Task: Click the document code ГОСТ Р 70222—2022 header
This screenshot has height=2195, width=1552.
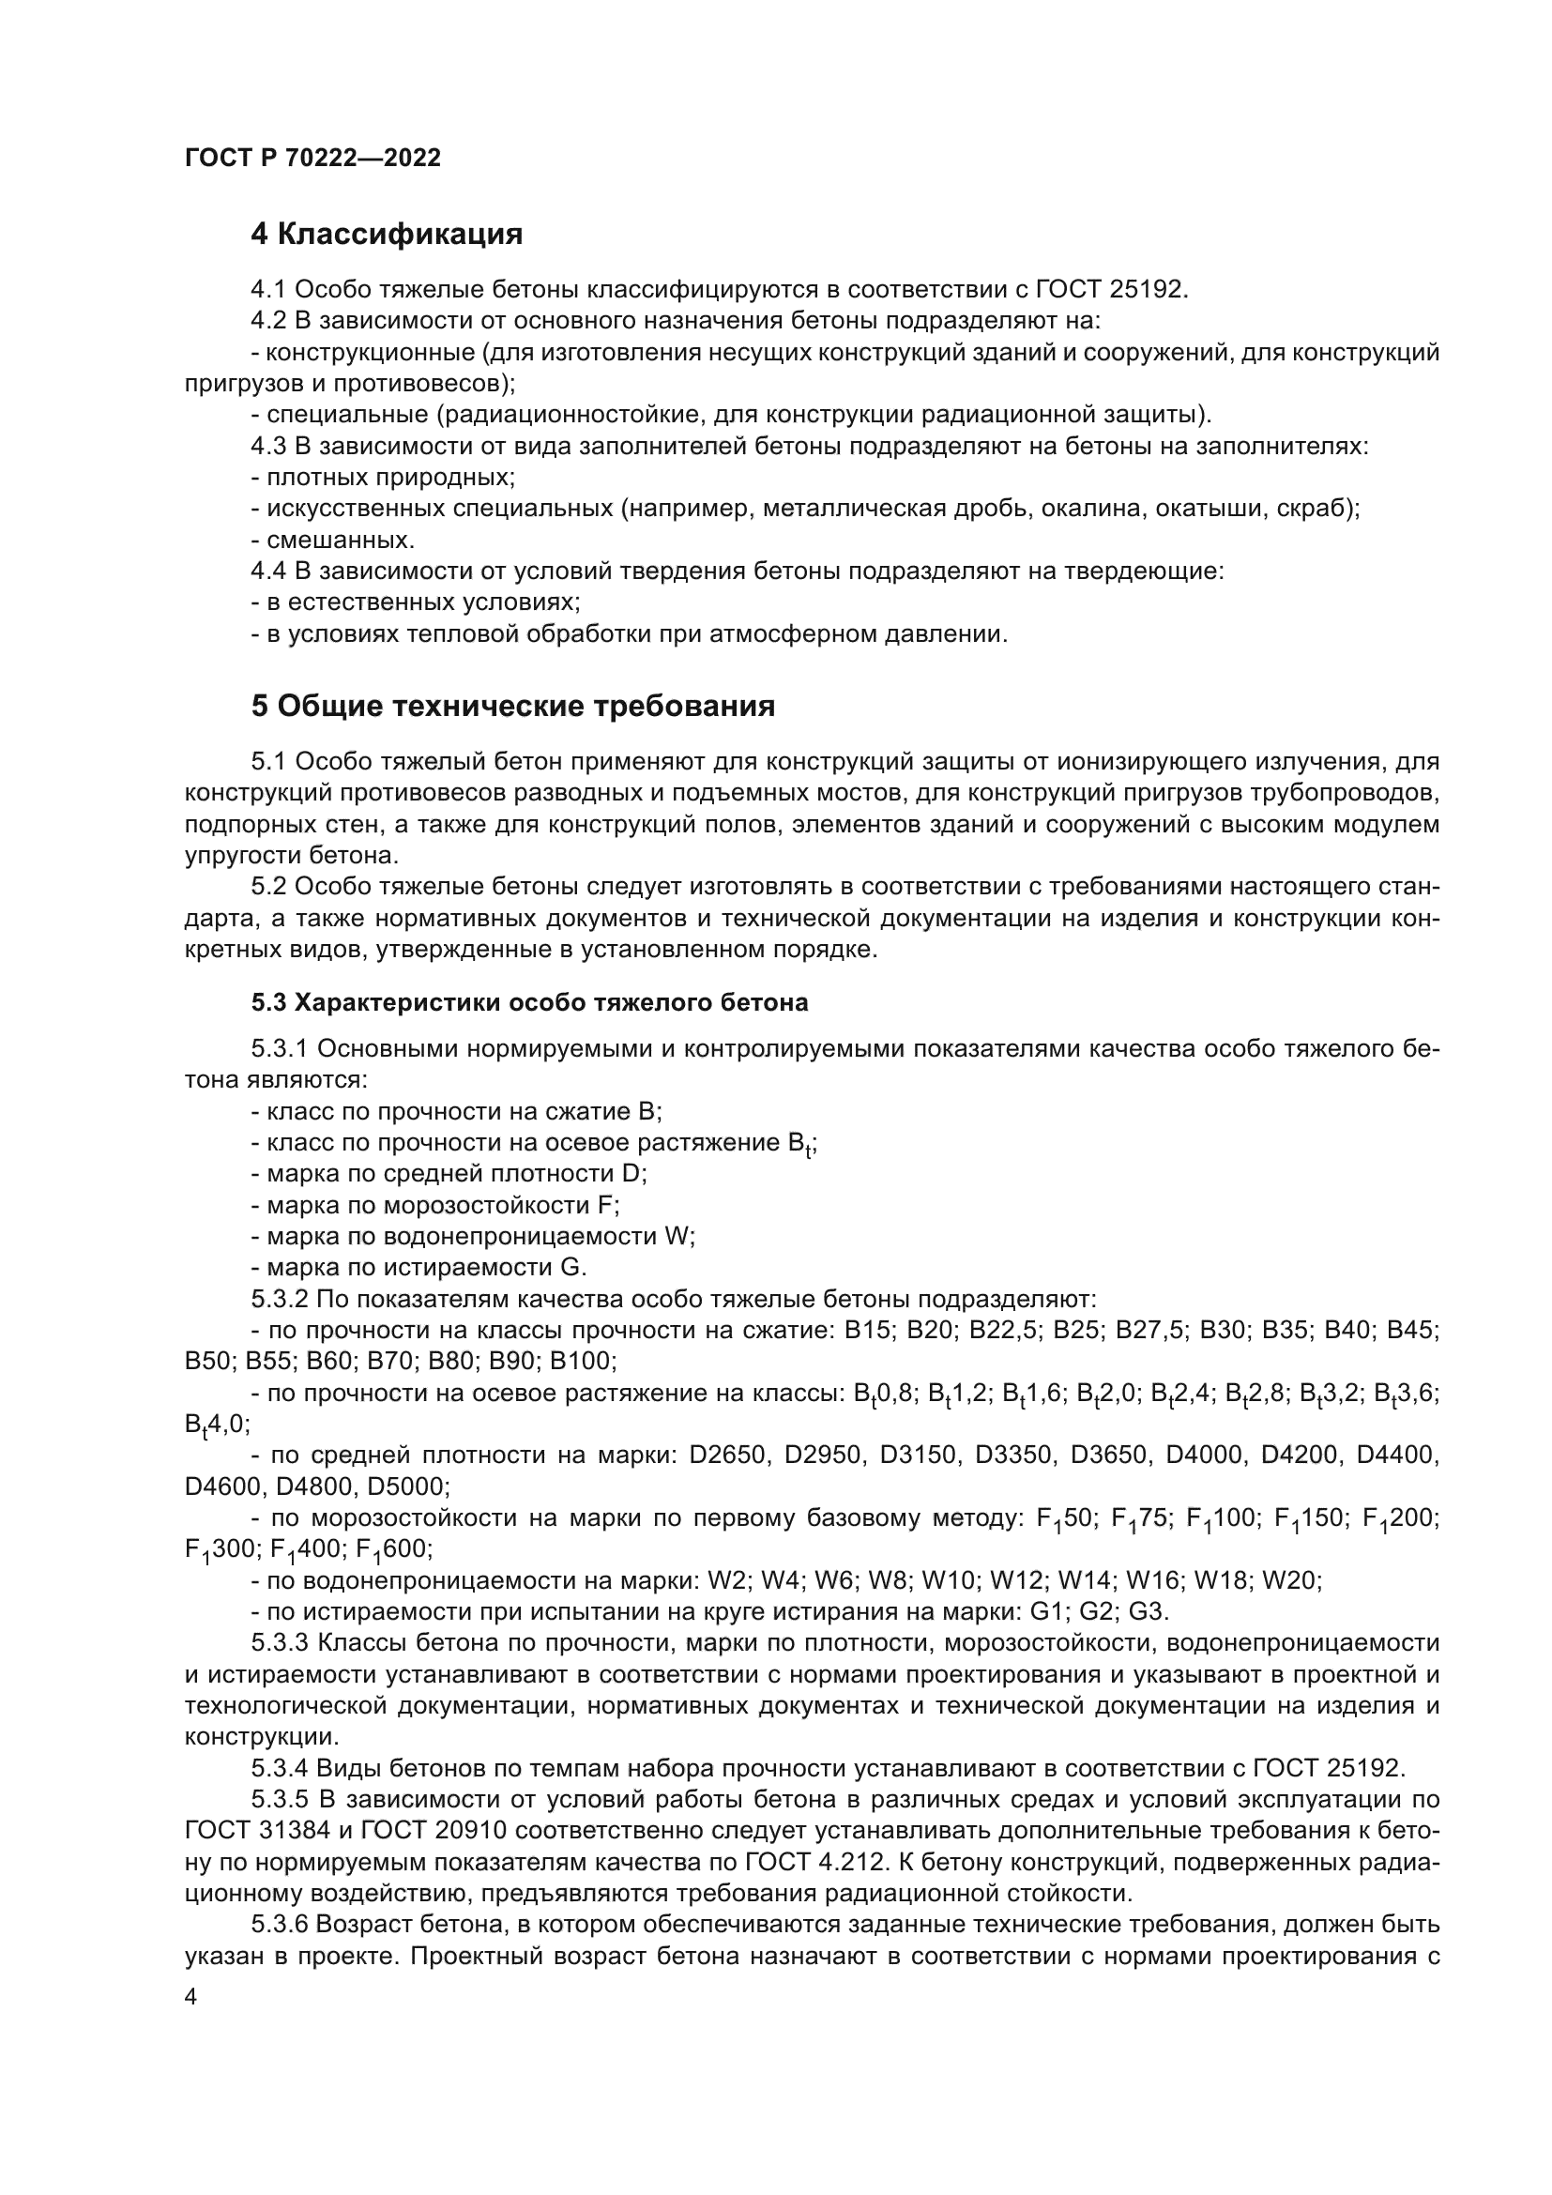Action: [312, 159]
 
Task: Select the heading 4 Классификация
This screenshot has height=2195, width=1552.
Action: [386, 235]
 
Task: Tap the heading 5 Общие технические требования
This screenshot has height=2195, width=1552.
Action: [512, 707]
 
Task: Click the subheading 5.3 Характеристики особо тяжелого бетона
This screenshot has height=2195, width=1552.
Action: [529, 1003]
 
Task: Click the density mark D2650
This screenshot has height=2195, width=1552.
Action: [726, 1456]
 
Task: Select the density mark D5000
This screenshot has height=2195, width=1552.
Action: [408, 1486]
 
